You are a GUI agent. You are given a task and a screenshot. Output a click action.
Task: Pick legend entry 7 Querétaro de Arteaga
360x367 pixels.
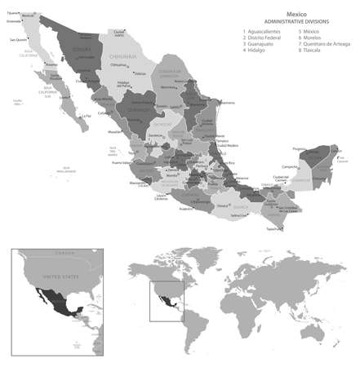[325, 45]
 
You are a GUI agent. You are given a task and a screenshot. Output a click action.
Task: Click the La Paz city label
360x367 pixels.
[84, 115]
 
